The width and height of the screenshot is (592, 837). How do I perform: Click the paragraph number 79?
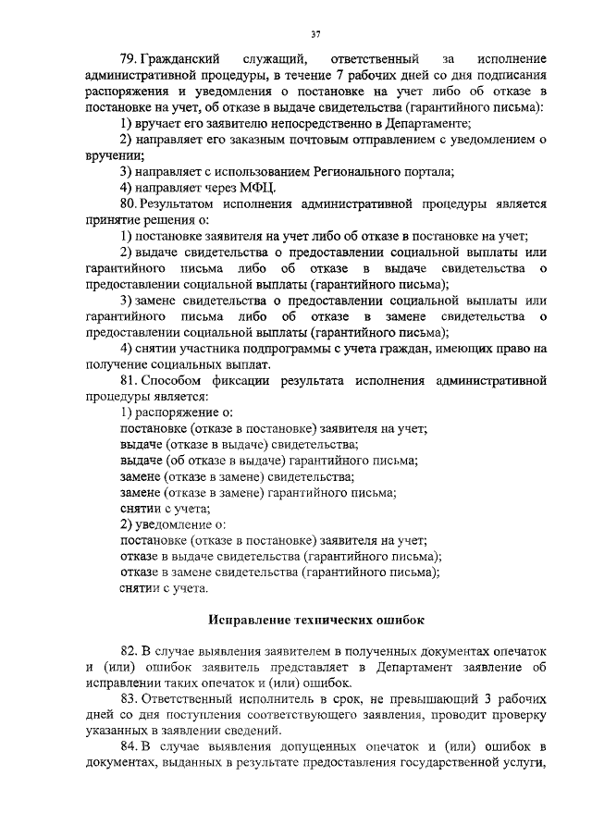tap(129, 59)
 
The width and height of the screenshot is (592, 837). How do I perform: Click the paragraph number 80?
tap(129, 203)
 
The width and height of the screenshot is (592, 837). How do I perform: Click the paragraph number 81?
tap(129, 379)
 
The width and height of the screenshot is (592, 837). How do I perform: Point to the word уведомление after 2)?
tap(175, 523)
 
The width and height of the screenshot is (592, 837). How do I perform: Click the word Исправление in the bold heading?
tap(256, 619)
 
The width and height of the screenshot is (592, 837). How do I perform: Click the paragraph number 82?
tap(129, 650)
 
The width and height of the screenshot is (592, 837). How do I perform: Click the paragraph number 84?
tap(129, 746)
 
